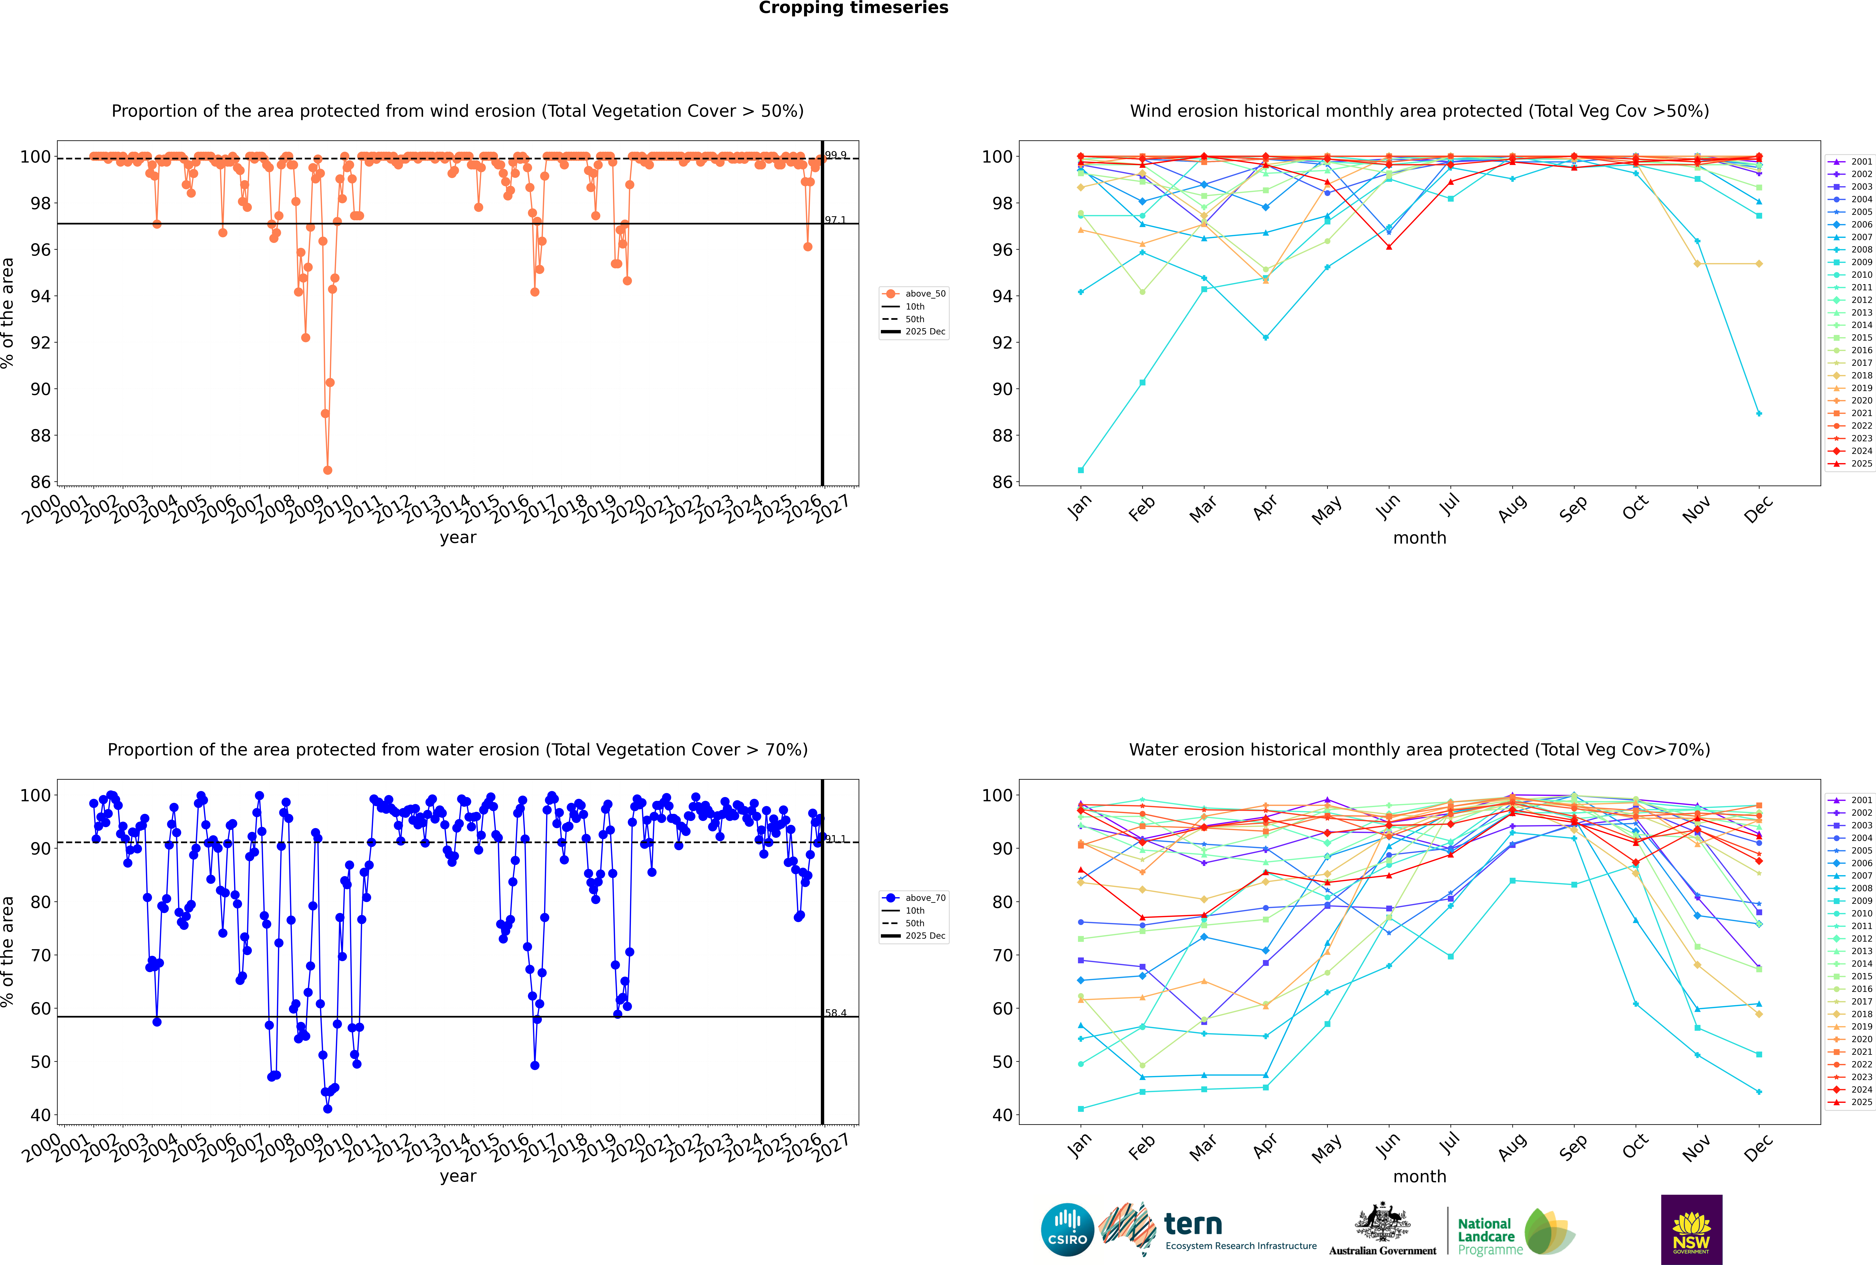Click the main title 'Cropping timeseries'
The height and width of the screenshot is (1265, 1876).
[x=853, y=8]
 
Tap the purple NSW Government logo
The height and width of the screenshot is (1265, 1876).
[x=1691, y=1229]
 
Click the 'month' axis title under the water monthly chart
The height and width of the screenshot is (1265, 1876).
[x=1419, y=1176]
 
